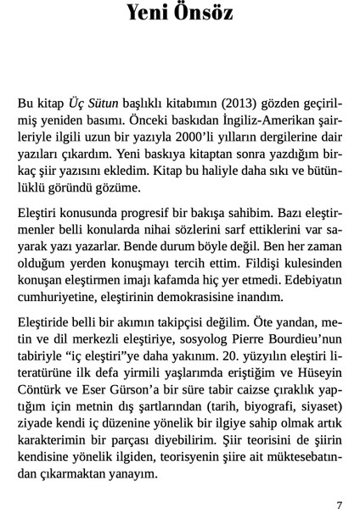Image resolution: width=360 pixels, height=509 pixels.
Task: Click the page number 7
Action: (x=339, y=502)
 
